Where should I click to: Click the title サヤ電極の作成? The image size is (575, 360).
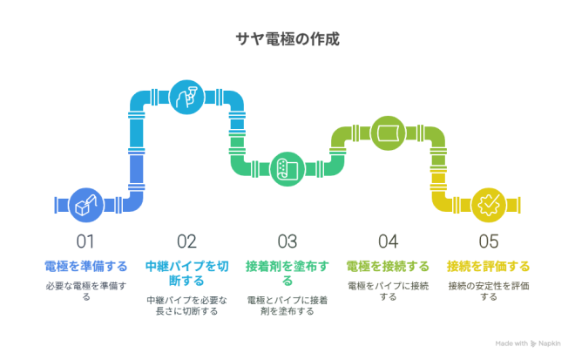[x=287, y=39]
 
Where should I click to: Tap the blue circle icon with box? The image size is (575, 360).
[x=86, y=205]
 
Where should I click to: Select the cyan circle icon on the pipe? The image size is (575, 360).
[x=187, y=98]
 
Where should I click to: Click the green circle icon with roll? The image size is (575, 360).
[x=287, y=169]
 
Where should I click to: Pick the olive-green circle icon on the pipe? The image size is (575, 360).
[x=388, y=133]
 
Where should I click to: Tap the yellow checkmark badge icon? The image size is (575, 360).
[x=489, y=205]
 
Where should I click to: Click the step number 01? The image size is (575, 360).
[x=85, y=241]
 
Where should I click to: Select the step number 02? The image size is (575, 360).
[x=186, y=241]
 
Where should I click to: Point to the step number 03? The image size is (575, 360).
[x=287, y=241]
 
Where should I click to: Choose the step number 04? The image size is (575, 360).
[x=388, y=241]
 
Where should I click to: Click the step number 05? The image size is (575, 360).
[x=489, y=241]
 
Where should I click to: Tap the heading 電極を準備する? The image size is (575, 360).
[x=85, y=267]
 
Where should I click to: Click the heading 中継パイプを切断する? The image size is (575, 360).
[x=187, y=274]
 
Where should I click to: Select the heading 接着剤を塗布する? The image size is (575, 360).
[x=287, y=274]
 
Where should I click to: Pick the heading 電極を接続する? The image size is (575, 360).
[x=388, y=267]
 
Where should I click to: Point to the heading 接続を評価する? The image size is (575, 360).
[x=489, y=267]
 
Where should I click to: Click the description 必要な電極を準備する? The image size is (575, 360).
[x=86, y=291]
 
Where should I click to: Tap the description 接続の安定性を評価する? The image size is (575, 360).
[x=489, y=291]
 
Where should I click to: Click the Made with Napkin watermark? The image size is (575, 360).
[x=528, y=343]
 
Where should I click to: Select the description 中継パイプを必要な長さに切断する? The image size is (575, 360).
[x=187, y=306]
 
